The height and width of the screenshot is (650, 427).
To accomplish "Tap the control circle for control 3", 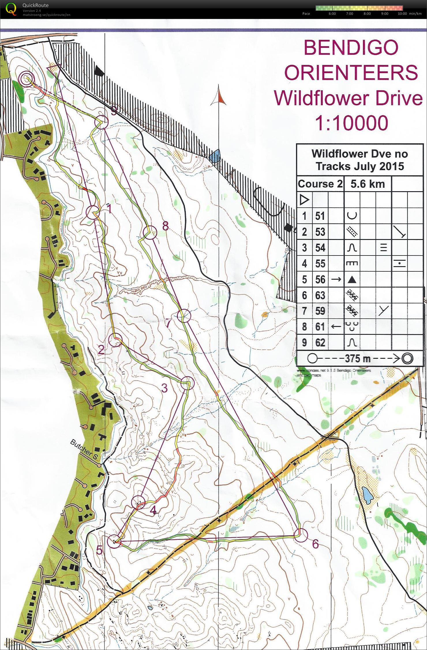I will [188, 383].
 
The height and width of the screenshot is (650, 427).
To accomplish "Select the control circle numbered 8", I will [150, 232].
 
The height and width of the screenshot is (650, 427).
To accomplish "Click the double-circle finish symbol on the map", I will [27, 78].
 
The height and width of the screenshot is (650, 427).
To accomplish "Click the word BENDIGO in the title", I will [351, 48].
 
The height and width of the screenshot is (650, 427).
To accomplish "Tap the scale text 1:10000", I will [351, 123].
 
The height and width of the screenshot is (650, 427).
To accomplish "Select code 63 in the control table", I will [320, 295].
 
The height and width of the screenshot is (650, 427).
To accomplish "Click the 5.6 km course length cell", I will [367, 184].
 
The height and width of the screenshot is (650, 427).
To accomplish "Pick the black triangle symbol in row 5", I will [352, 279].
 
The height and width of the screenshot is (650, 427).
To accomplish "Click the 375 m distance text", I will [357, 358].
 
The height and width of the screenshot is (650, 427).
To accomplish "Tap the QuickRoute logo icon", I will [11, 9].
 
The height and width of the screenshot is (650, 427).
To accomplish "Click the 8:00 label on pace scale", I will [367, 14].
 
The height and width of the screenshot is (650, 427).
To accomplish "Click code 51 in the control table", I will [320, 216].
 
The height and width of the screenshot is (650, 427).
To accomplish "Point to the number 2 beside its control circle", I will [101, 350].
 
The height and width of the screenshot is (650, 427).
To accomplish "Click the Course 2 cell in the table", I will [320, 184].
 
